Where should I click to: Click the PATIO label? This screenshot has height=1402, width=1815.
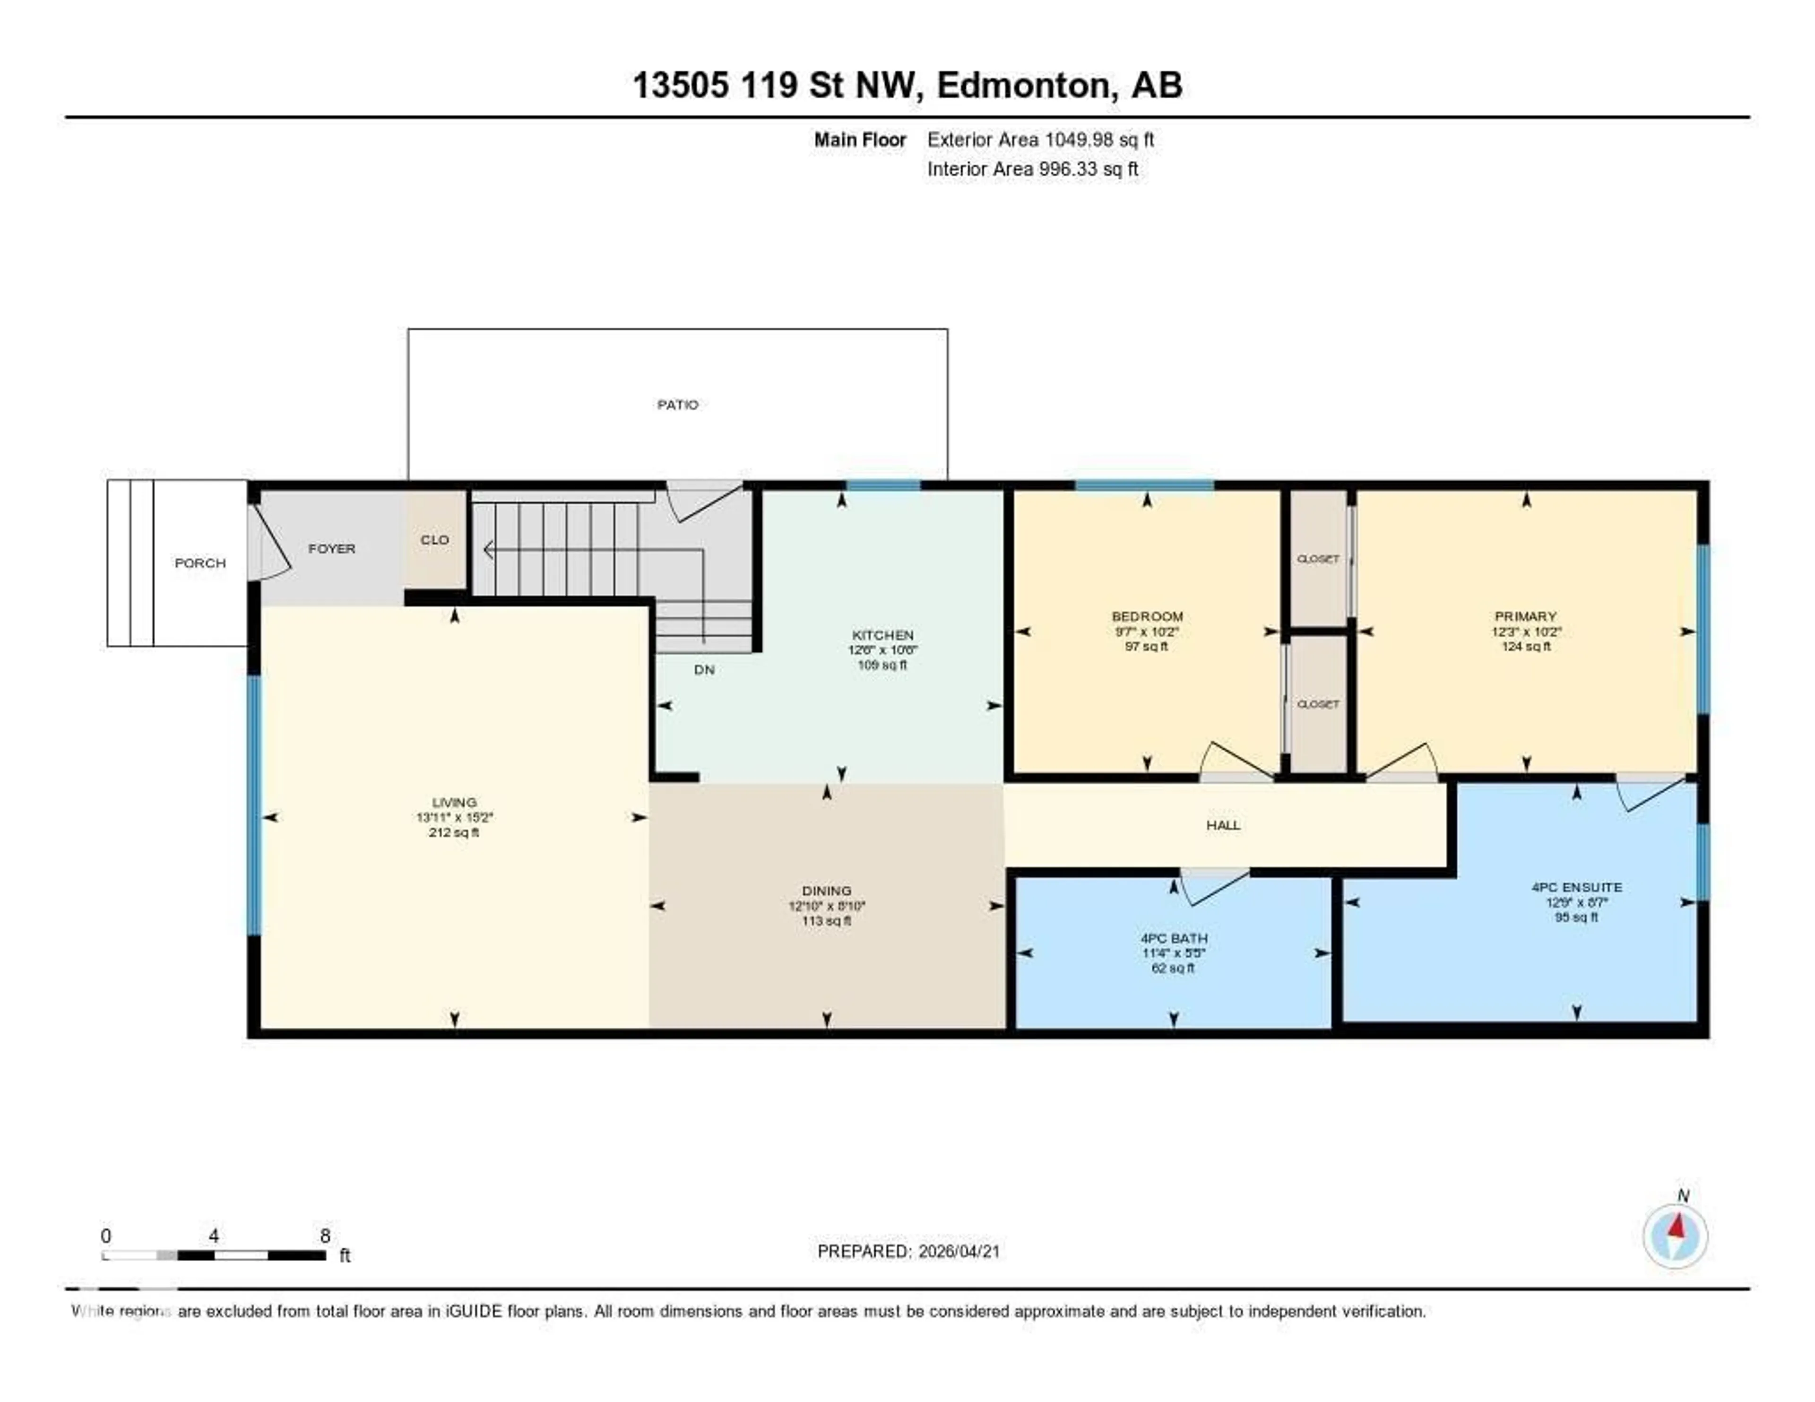(x=677, y=405)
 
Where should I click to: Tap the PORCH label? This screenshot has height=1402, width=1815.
(x=199, y=563)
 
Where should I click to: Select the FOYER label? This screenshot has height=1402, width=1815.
(x=332, y=548)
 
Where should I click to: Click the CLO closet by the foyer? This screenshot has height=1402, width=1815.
(x=435, y=539)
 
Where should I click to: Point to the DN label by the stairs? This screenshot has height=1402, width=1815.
(x=704, y=669)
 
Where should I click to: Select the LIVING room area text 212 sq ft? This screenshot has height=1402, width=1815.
(x=454, y=832)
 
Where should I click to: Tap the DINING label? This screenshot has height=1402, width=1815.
(x=826, y=890)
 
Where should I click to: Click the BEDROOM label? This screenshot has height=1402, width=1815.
(x=1147, y=616)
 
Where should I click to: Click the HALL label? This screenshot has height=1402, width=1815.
(x=1222, y=824)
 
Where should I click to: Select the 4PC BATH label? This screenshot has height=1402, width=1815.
(x=1174, y=937)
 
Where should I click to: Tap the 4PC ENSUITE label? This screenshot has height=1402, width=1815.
(x=1576, y=887)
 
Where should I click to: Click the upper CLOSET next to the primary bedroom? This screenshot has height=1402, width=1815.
(x=1318, y=558)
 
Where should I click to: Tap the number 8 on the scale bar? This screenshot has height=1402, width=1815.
(x=325, y=1236)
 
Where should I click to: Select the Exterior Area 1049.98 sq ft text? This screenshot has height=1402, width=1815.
(x=1040, y=139)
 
